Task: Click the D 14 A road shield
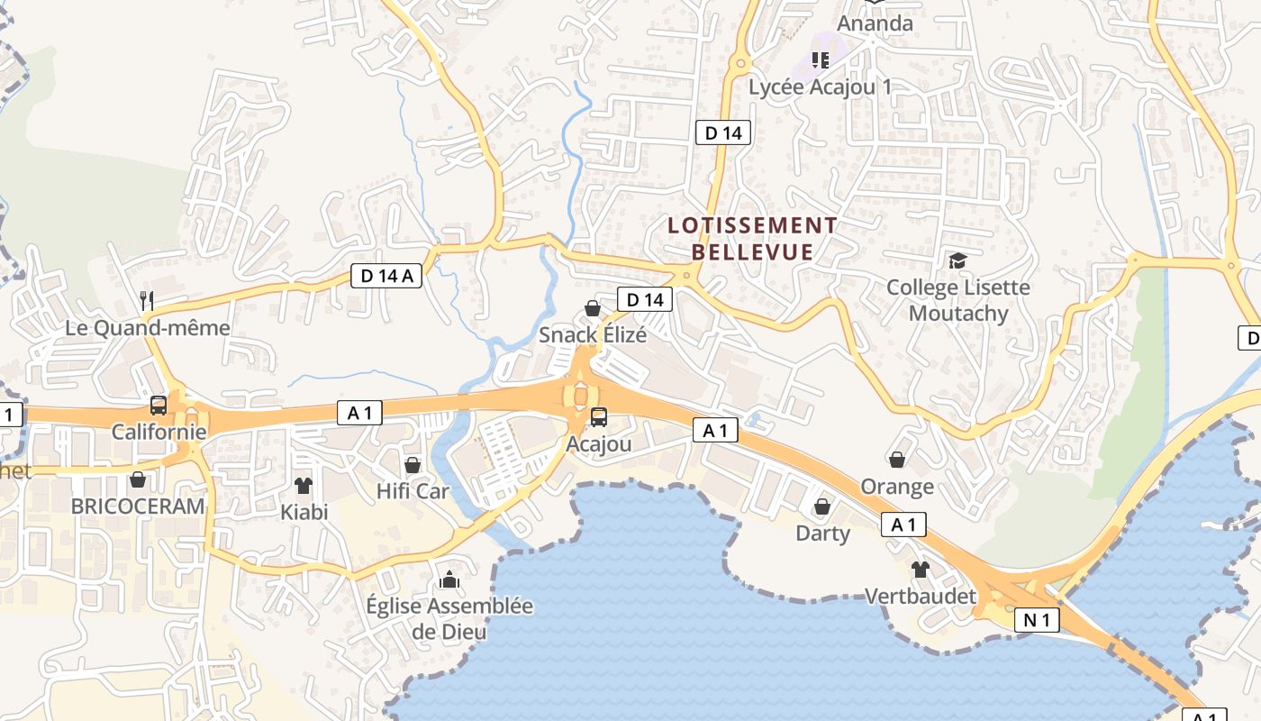point(387,276)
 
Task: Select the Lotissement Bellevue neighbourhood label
point(753,238)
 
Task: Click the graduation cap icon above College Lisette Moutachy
point(957,261)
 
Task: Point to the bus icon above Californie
point(159,406)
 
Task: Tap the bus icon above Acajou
point(599,417)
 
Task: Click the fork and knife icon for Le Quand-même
point(148,300)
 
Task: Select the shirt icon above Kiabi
point(304,486)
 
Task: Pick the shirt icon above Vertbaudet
point(920,570)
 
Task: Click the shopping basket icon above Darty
point(822,507)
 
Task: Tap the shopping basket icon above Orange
point(897,461)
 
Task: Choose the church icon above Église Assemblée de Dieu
point(449,579)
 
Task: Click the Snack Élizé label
point(593,335)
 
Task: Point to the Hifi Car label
point(413,492)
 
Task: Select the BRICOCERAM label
point(138,507)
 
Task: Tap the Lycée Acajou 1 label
point(820,87)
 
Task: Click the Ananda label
point(875,23)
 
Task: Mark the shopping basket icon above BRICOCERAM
point(138,479)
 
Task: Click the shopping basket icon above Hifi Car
point(413,465)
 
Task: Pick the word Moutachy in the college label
point(957,314)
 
